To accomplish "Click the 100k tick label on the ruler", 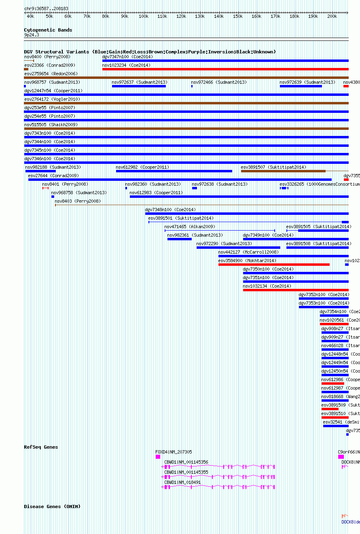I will [x=143, y=16].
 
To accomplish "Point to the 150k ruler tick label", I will [x=237, y=16].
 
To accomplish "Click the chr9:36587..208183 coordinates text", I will [x=46, y=8].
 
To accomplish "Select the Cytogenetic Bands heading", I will [x=48, y=30].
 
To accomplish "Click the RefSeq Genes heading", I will [x=41, y=447].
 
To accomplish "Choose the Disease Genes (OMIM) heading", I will [x=52, y=506].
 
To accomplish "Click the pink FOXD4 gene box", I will [x=158, y=457].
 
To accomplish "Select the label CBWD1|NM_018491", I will [x=182, y=482].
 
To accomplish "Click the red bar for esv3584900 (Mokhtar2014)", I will [x=274, y=265].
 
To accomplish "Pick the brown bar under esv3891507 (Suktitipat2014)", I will [x=283, y=171].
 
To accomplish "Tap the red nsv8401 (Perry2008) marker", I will [x=45, y=188].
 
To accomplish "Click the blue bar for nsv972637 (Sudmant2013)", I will [x=139, y=86].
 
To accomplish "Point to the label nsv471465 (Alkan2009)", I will [x=190, y=227].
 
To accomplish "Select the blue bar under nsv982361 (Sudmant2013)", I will [x=180, y=239].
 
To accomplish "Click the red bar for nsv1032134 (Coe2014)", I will [x=296, y=290].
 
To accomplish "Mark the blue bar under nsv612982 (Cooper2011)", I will [x=174, y=171].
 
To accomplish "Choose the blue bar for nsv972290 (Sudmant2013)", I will [x=238, y=248].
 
